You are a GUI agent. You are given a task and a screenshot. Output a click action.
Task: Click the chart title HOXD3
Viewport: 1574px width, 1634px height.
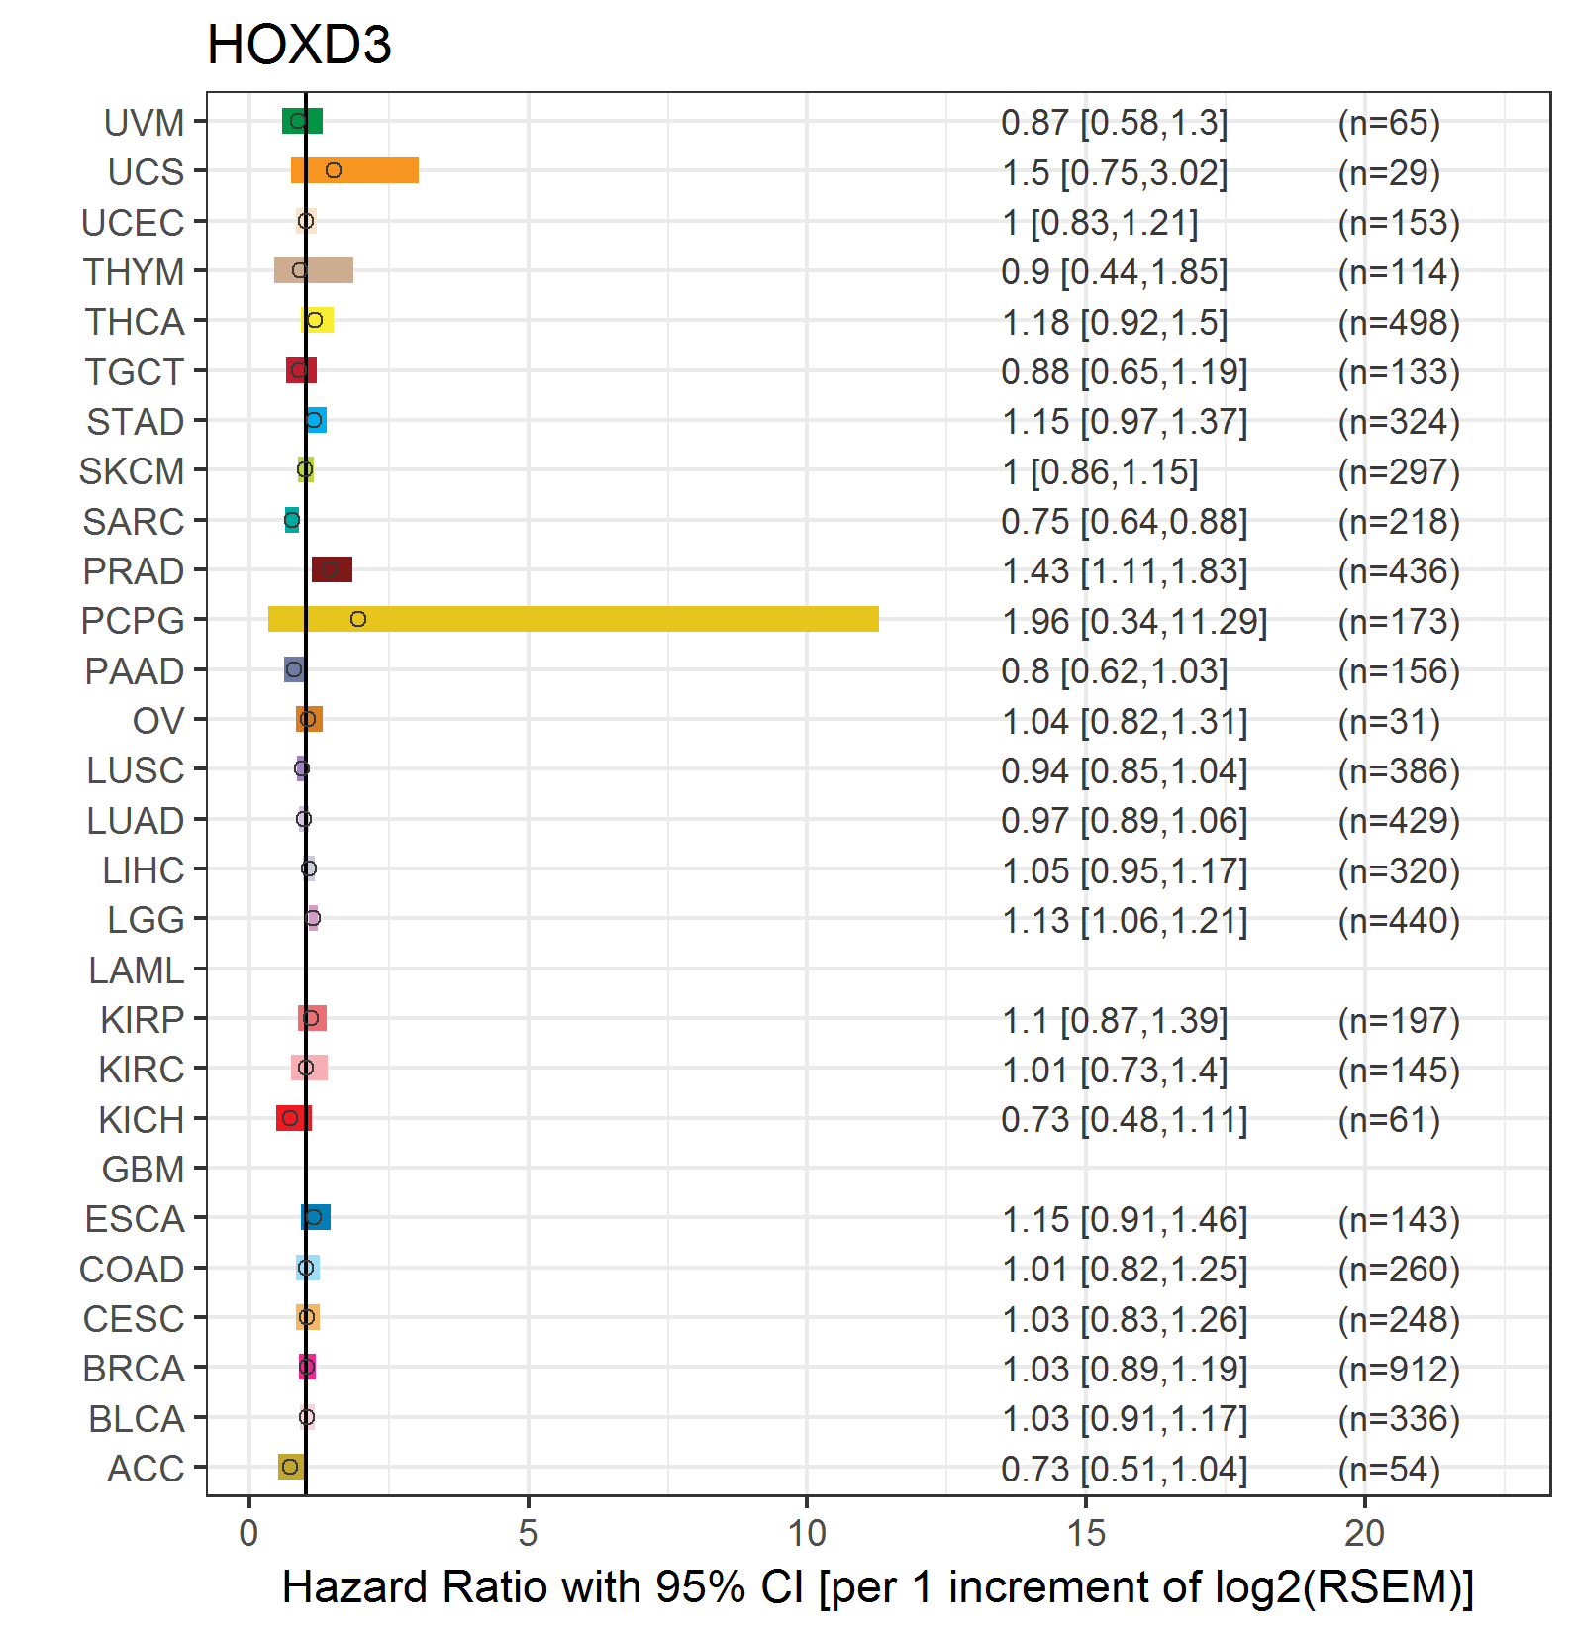(x=299, y=46)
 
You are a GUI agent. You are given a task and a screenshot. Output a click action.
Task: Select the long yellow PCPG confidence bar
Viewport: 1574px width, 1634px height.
(x=573, y=619)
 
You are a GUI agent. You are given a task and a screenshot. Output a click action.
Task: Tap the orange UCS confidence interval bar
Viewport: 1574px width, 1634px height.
(x=354, y=170)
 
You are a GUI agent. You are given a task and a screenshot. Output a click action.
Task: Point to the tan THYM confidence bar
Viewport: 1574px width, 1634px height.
(x=314, y=270)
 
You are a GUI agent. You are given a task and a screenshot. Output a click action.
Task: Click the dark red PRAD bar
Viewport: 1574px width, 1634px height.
(x=332, y=569)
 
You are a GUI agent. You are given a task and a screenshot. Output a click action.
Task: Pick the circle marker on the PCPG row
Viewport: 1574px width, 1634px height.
(x=358, y=619)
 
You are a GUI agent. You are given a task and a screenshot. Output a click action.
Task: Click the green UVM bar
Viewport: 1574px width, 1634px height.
(x=302, y=121)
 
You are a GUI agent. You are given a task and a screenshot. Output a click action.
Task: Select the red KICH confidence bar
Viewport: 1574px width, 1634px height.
(x=294, y=1118)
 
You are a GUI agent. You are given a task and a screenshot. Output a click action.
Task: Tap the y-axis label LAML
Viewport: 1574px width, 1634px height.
(x=136, y=970)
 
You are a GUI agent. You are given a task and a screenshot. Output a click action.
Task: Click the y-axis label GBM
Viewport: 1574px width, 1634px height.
(x=143, y=1170)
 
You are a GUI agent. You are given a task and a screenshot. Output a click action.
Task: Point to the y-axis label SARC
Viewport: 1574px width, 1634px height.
(x=133, y=522)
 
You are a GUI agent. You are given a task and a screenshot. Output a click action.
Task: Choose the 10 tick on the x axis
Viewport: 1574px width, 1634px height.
(x=807, y=1533)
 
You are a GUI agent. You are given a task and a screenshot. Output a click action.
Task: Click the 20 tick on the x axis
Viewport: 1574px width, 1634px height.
(x=1364, y=1533)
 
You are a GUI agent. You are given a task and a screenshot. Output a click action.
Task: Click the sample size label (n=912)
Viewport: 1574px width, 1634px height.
(x=1399, y=1369)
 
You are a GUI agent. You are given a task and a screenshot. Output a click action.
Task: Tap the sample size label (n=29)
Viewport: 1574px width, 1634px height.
(x=1389, y=172)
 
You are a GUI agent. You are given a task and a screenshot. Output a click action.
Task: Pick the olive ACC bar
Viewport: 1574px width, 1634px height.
(x=291, y=1467)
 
